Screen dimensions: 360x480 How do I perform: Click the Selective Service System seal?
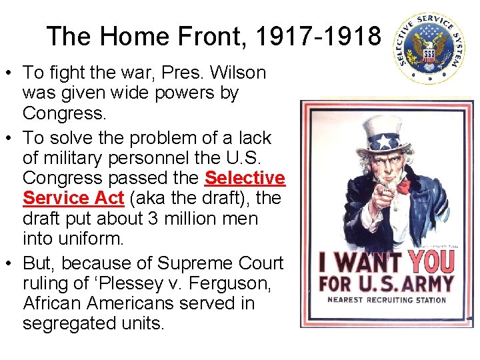tap(428, 49)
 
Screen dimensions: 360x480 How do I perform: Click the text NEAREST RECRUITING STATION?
tap(387, 300)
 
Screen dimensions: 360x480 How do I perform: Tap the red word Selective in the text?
tap(245, 178)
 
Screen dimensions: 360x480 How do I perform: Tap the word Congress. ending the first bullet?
tap(64, 113)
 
